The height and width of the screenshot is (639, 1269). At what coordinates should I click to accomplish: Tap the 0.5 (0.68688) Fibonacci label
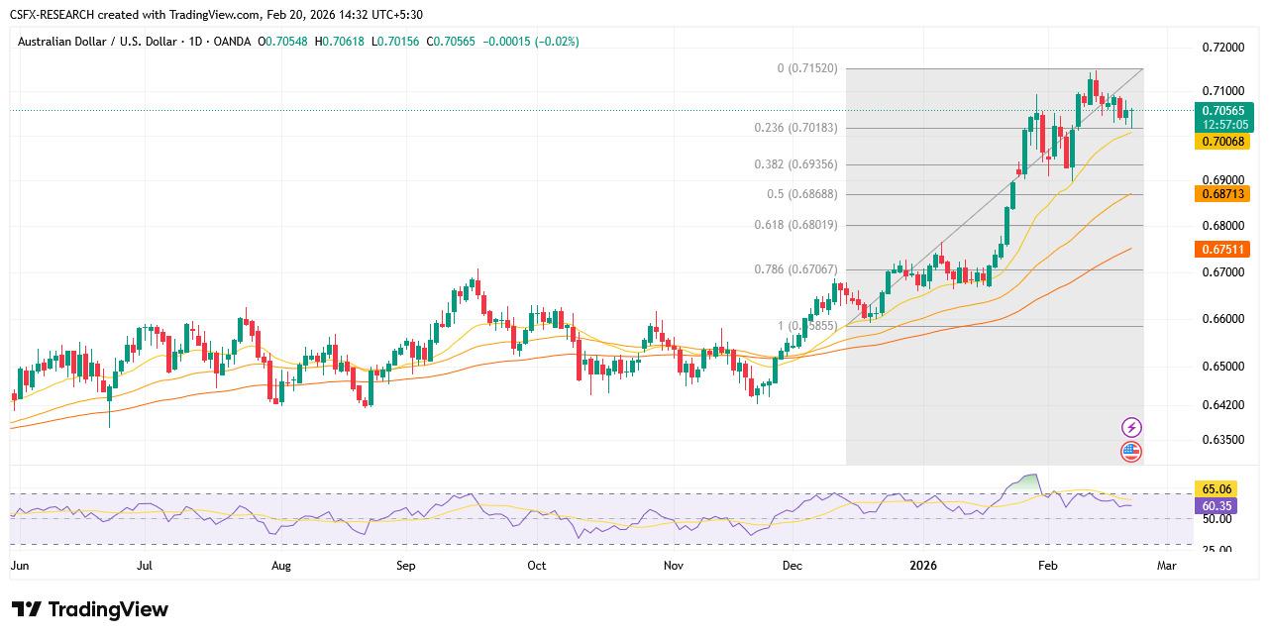pos(801,194)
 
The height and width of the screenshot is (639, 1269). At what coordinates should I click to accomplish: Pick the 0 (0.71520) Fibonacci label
pos(806,68)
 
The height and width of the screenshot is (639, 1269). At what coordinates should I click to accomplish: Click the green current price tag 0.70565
pos(1224,111)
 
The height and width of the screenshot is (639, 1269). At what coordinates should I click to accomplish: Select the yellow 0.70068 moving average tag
pos(1224,142)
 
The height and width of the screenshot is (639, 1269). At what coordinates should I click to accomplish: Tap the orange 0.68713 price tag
pos(1224,194)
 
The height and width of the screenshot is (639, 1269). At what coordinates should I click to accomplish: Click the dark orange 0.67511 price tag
pos(1224,250)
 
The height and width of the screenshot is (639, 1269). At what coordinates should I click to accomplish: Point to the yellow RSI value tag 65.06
pos(1216,489)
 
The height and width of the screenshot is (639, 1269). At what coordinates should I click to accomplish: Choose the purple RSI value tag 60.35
pos(1216,506)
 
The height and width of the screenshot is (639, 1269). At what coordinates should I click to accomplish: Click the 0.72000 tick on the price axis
pos(1222,48)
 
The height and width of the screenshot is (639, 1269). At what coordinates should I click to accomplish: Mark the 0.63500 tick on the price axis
pos(1222,439)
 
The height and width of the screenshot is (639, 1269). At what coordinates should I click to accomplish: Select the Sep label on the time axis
pos(405,566)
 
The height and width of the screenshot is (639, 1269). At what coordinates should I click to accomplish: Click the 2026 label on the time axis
pos(923,566)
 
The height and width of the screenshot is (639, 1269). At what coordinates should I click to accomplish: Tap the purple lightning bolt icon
pos(1131,428)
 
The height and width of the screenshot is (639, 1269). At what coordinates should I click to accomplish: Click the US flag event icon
pos(1131,452)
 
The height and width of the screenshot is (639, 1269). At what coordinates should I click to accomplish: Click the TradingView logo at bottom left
pos(90,609)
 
